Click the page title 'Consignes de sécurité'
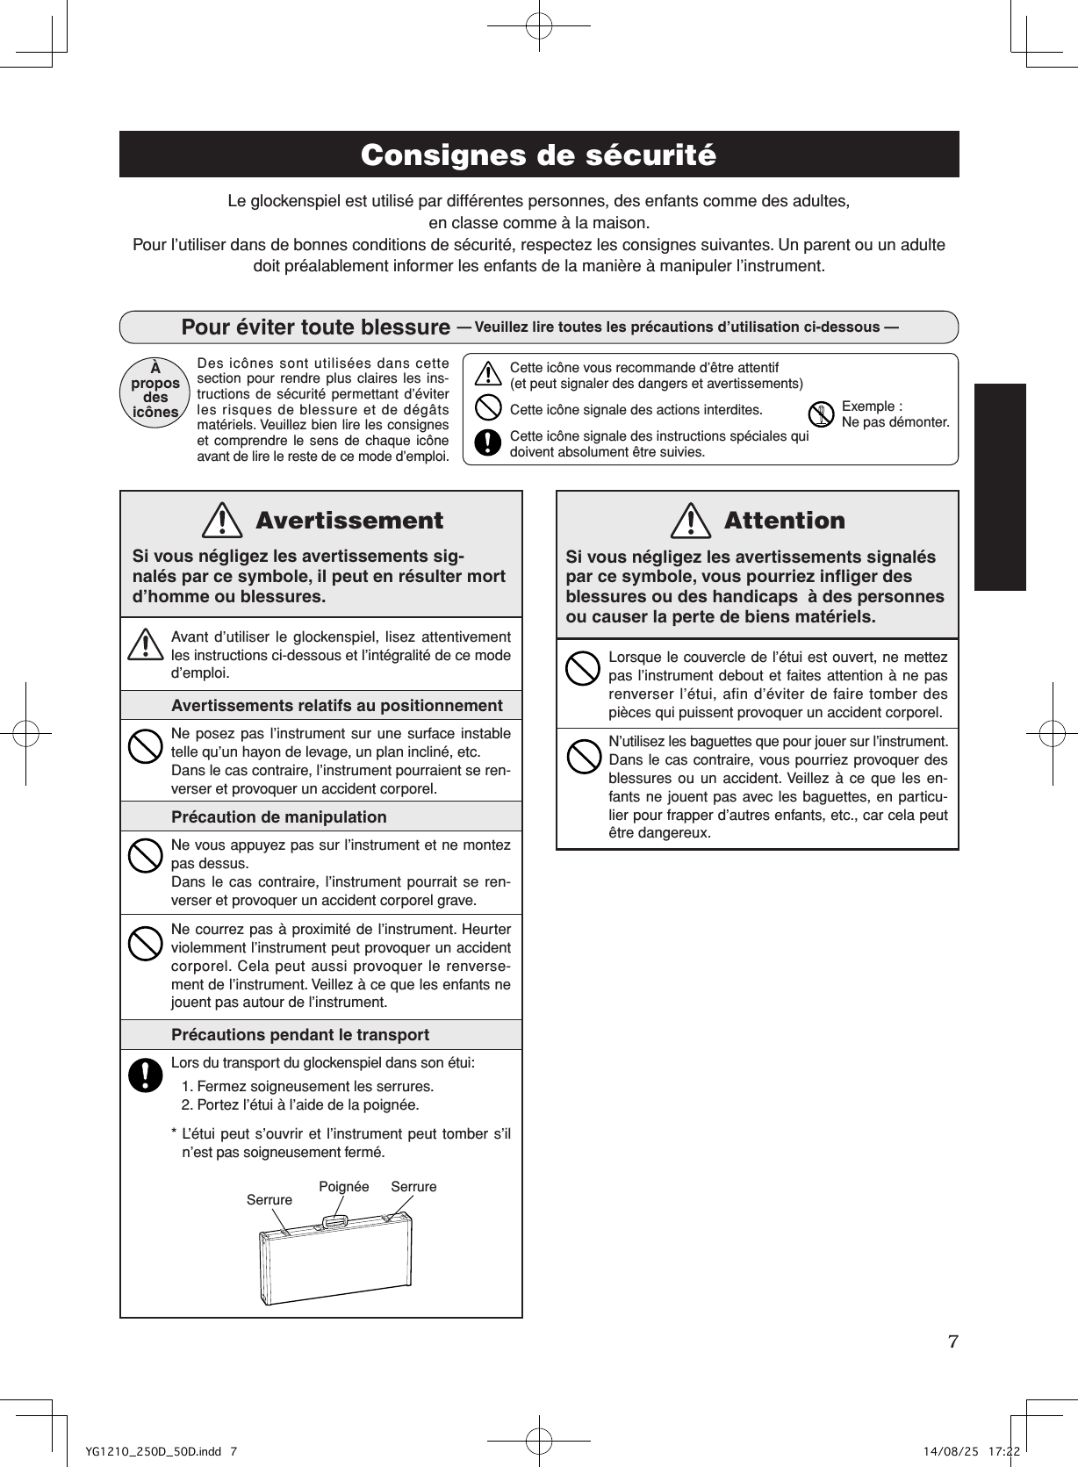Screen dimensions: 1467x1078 coord(538,155)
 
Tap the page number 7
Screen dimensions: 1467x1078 coord(953,1341)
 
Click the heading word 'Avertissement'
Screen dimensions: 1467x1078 coord(349,521)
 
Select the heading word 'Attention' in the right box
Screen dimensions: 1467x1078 coord(784,521)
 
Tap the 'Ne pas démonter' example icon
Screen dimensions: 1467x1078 coord(821,414)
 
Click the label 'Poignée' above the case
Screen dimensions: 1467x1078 coord(343,1187)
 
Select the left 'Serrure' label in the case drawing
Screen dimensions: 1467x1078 coord(269,1200)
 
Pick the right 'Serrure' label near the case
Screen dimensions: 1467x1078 coord(413,1187)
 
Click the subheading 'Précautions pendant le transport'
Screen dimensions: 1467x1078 coord(300,1035)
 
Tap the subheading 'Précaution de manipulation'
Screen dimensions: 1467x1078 coord(278,817)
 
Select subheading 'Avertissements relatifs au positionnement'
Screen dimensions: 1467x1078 coord(337,706)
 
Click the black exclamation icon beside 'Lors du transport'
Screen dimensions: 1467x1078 coord(145,1075)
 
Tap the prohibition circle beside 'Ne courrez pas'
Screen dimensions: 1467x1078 coord(145,944)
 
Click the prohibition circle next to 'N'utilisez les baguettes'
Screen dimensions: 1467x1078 coord(582,756)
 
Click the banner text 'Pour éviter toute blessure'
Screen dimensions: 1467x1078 coord(315,327)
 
